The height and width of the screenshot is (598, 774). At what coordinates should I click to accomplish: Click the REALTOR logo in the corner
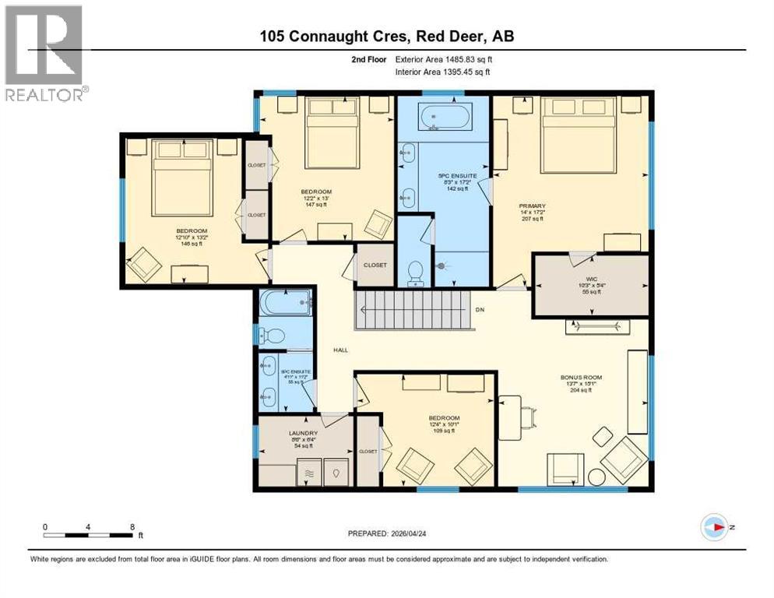pyautogui.click(x=45, y=53)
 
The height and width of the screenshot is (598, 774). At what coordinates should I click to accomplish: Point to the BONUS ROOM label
pyautogui.click(x=581, y=383)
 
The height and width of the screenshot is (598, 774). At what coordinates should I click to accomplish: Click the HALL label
pyautogui.click(x=340, y=350)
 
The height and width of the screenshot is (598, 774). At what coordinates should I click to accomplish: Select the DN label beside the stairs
pyautogui.click(x=480, y=310)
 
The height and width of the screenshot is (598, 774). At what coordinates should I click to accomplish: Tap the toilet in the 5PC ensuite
pyautogui.click(x=416, y=273)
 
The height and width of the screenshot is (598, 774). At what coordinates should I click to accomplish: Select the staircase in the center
pyautogui.click(x=413, y=309)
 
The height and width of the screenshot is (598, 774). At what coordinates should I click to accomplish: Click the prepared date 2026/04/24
pyautogui.click(x=387, y=533)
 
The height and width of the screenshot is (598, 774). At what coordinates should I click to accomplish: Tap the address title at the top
pyautogui.click(x=386, y=37)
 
